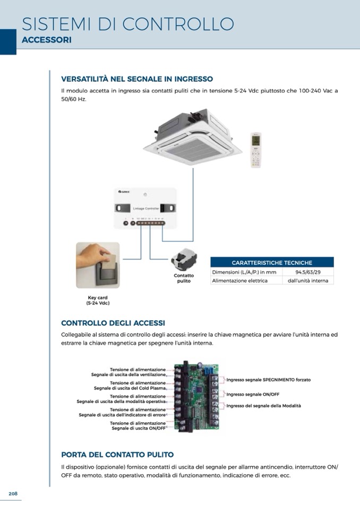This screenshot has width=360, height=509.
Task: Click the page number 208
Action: (x=13, y=494)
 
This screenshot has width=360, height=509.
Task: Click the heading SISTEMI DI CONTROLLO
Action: (x=128, y=24)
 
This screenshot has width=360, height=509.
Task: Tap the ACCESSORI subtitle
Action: (x=46, y=40)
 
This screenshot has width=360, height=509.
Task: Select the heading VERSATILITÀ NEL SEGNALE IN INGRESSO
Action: (x=137, y=79)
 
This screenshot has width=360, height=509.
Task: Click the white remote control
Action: (x=256, y=150)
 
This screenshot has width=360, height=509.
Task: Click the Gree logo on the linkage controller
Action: (x=123, y=192)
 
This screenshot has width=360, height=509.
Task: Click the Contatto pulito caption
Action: (x=184, y=278)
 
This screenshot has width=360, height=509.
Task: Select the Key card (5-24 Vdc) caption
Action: (x=97, y=300)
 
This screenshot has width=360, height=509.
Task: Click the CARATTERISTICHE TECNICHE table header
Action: (x=272, y=263)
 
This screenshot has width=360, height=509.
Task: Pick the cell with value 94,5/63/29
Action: (x=308, y=272)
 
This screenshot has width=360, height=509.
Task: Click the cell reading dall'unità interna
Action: (x=308, y=280)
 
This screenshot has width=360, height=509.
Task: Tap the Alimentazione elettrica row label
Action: (x=240, y=280)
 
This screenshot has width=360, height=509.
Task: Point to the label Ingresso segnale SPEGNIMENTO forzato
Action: (x=268, y=380)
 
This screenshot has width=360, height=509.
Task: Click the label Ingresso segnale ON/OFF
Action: (x=253, y=394)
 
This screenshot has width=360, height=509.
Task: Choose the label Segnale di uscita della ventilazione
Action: (x=128, y=375)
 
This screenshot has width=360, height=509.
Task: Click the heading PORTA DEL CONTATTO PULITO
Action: (x=117, y=455)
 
